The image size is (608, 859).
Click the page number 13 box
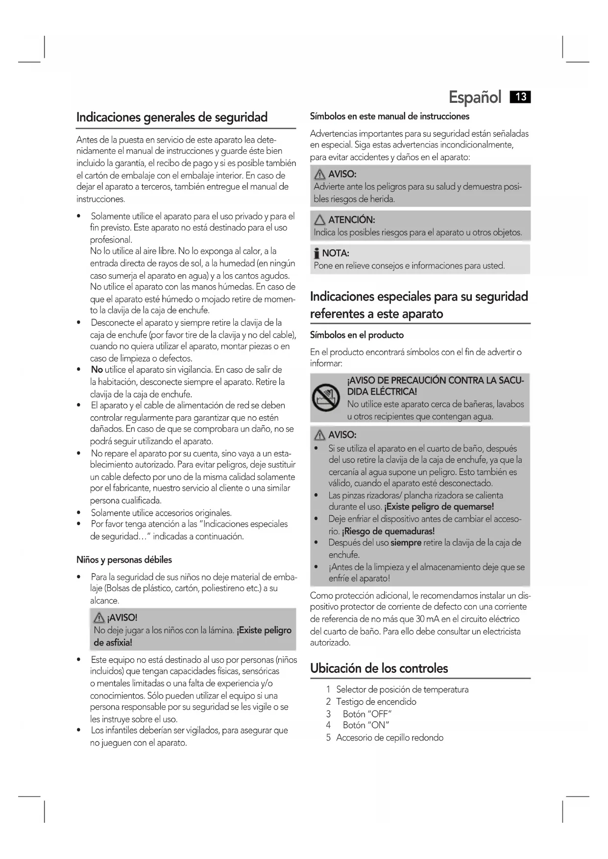point(520,97)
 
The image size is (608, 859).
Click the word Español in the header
point(475,97)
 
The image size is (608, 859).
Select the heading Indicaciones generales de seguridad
point(172,118)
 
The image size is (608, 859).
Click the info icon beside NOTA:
point(317,254)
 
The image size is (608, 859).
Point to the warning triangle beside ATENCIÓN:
point(320,220)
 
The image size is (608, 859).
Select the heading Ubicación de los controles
point(379,668)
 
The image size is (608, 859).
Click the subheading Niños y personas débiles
point(124,560)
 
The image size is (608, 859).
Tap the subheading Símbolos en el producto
point(357,335)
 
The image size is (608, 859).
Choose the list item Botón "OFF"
point(367,714)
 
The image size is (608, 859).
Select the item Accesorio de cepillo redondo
point(389,738)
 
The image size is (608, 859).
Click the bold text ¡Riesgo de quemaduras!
point(388,531)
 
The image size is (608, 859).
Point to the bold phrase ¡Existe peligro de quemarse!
point(439,507)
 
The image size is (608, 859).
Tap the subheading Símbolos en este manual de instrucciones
point(389,117)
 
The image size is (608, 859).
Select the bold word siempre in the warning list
point(406,543)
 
